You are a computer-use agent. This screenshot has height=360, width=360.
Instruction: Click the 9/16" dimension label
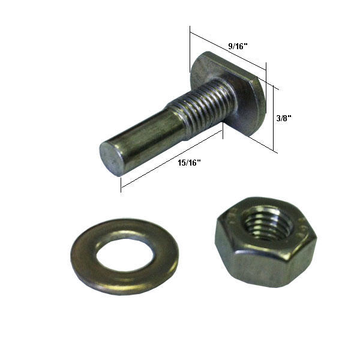(x=238, y=46)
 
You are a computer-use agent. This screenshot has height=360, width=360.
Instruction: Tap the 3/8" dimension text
(x=284, y=118)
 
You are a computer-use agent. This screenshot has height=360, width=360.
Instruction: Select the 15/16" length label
(x=189, y=163)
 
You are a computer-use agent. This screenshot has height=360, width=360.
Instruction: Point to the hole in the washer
(x=125, y=255)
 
